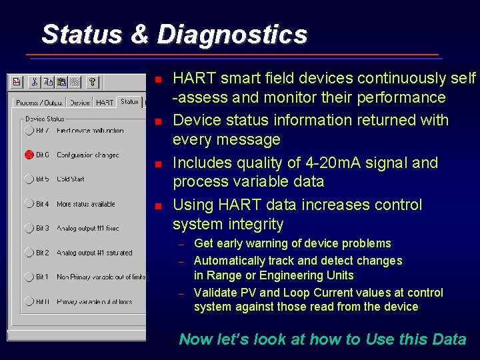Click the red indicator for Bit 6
pyautogui.click(x=29, y=155)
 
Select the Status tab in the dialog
pyautogui.click(x=129, y=101)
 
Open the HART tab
pyautogui.click(x=105, y=103)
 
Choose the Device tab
pyautogui.click(x=79, y=103)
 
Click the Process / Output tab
pyautogui.click(x=39, y=103)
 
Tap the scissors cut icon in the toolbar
pyautogui.click(x=34, y=82)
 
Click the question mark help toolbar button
pyautogui.click(x=93, y=82)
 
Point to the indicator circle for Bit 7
pyautogui.click(x=29, y=131)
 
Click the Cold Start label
pyautogui.click(x=71, y=179)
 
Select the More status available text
pyautogui.click(x=85, y=204)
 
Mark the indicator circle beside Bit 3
pyautogui.click(x=29, y=228)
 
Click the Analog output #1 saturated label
pyautogui.click(x=94, y=253)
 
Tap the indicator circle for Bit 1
pyautogui.click(x=29, y=277)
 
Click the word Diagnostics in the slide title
pyautogui.click(x=232, y=34)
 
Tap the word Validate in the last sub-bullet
pyautogui.click(x=215, y=293)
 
